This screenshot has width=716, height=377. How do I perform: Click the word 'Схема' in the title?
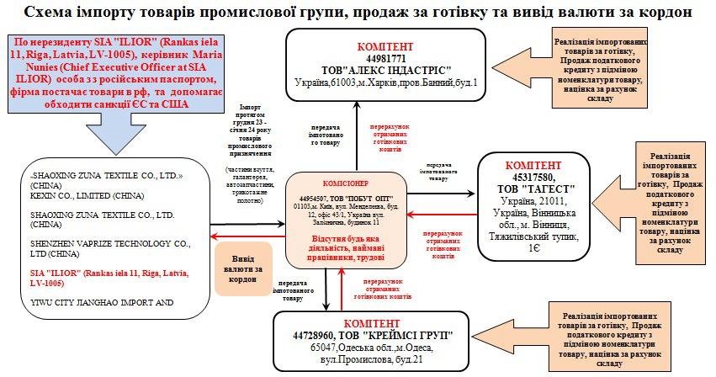click(52, 13)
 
